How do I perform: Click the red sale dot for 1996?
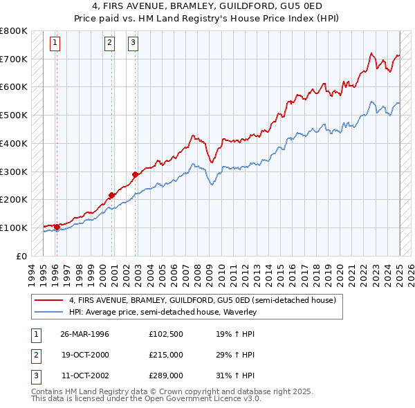[56, 226]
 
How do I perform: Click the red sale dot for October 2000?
[111, 195]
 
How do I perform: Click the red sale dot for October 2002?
[135, 174]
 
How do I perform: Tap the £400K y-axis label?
[14, 143]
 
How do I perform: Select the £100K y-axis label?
[14, 228]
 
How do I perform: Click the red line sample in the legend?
[50, 300]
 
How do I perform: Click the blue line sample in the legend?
[50, 312]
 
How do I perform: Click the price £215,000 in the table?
[165, 355]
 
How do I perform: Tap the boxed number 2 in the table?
[34, 355]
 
